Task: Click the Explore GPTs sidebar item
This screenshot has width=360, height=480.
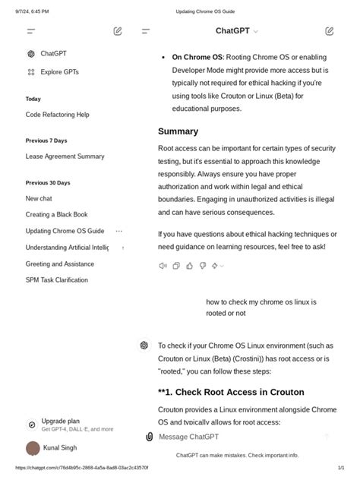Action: pyautogui.click(x=59, y=72)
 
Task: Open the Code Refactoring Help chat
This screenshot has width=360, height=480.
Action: pyautogui.click(x=57, y=115)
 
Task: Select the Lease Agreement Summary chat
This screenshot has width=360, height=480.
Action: pyautogui.click(x=65, y=156)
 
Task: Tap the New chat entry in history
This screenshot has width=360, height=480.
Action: pyautogui.click(x=39, y=198)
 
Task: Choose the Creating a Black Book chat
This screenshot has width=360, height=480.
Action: pyautogui.click(x=56, y=215)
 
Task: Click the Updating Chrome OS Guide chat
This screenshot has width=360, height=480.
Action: pyautogui.click(x=65, y=231)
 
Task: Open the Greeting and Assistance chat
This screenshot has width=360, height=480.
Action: pyautogui.click(x=59, y=264)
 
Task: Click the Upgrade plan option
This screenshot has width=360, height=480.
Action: pyautogui.click(x=60, y=421)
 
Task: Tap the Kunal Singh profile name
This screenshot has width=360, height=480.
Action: pyautogui.click(x=60, y=448)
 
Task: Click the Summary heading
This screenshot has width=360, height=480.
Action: pyautogui.click(x=178, y=131)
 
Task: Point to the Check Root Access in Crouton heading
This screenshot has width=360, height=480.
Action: pyautogui.click(x=231, y=392)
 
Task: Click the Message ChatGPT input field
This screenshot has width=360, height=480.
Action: pyautogui.click(x=228, y=437)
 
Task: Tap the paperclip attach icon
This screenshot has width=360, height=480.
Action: pyautogui.click(x=150, y=437)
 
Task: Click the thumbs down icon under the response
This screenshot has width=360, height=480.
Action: pyautogui.click(x=202, y=266)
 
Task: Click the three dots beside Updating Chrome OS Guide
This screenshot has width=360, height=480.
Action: pyautogui.click(x=118, y=231)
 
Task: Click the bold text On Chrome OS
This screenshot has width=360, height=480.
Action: pyautogui.click(x=197, y=57)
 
